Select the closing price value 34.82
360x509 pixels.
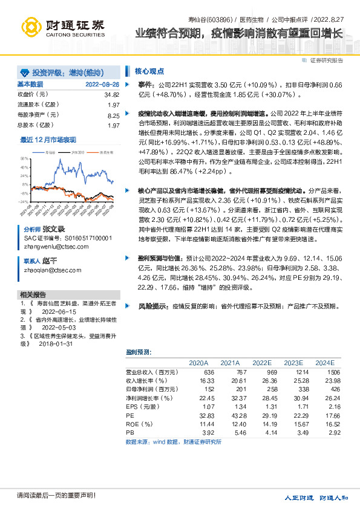[111, 95]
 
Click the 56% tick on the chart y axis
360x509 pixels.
[24, 159]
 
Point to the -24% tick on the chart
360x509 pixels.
[24, 202]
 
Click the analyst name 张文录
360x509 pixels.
[54, 230]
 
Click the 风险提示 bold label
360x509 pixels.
[152, 306]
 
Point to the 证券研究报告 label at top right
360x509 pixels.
[327, 60]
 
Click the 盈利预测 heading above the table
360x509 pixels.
[139, 351]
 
